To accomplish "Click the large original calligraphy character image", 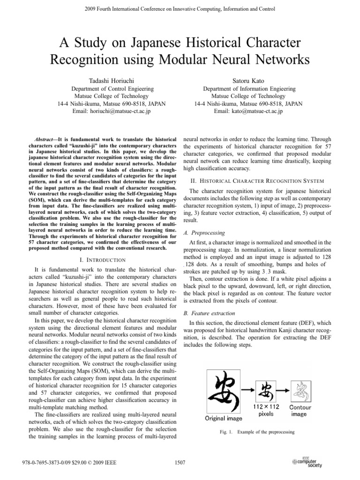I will [227, 390].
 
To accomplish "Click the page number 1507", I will [180, 463].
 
